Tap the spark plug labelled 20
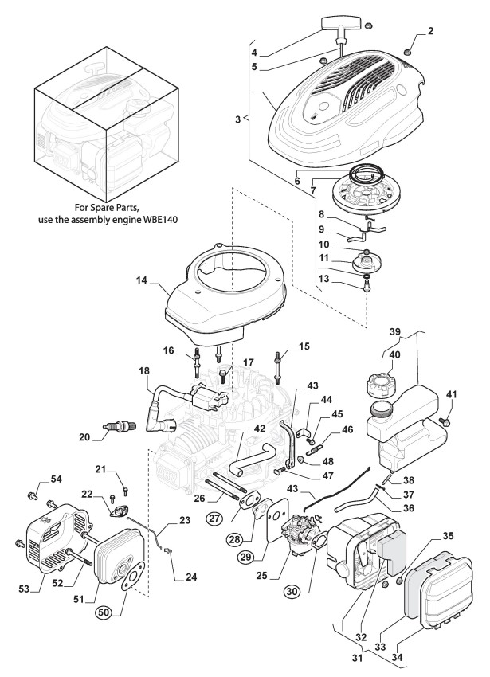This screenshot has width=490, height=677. tap(120, 426)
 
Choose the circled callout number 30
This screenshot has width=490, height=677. tap(292, 591)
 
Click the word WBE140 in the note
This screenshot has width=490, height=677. tap(161, 219)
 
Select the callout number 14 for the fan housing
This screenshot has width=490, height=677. tap(141, 280)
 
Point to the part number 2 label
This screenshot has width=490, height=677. tap(430, 30)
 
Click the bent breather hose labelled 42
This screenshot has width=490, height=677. tap(253, 458)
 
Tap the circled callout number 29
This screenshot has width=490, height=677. tap(246, 557)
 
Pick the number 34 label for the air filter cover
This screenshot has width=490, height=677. tap(397, 658)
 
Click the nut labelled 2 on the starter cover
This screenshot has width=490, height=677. tap(406, 53)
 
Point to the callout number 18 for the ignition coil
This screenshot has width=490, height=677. tap(144, 370)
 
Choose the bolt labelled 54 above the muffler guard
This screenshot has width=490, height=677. tap(32, 495)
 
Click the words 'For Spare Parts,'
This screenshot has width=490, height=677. tap(107, 207)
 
